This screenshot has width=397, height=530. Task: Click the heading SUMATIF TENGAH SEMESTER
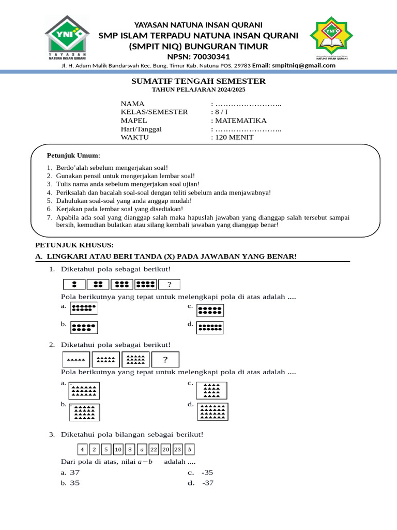(198, 81)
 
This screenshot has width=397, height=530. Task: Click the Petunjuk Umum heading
(73, 155)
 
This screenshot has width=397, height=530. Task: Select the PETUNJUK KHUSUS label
(74, 245)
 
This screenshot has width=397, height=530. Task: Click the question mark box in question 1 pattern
(169, 284)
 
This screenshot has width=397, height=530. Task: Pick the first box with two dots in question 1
(74, 284)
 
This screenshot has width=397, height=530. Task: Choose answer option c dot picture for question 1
(209, 311)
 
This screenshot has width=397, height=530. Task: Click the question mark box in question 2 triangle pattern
(165, 360)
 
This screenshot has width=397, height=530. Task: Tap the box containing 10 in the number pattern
(118, 449)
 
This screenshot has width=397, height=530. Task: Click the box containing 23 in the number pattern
(178, 449)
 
